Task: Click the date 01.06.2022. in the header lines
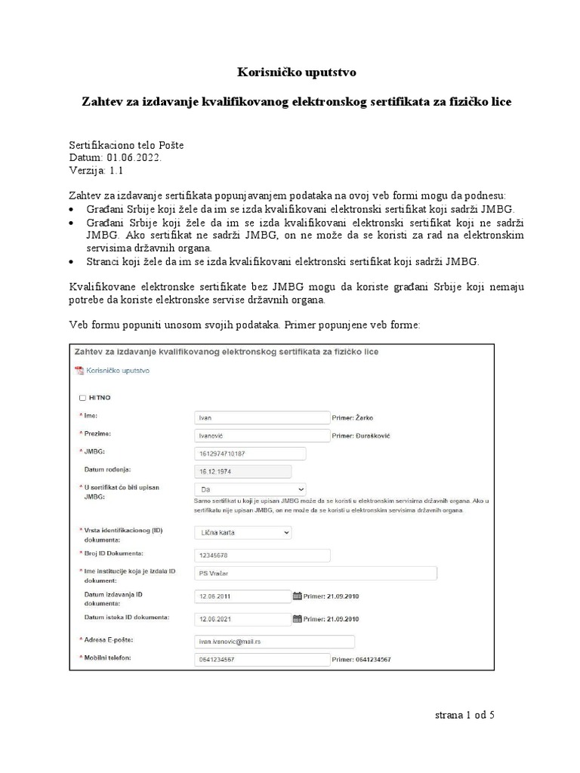tap(134, 157)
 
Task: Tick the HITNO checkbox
tap(82, 397)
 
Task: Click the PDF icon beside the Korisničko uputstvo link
tap(79, 371)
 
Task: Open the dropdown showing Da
tap(250, 489)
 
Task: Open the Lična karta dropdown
tap(242, 532)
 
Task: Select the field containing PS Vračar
tap(316, 574)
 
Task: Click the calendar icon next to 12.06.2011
tap(297, 596)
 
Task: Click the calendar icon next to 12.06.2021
tap(297, 619)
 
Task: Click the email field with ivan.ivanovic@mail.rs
tap(274, 642)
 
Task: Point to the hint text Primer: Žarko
tap(353, 417)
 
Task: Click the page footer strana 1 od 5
tap(464, 714)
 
